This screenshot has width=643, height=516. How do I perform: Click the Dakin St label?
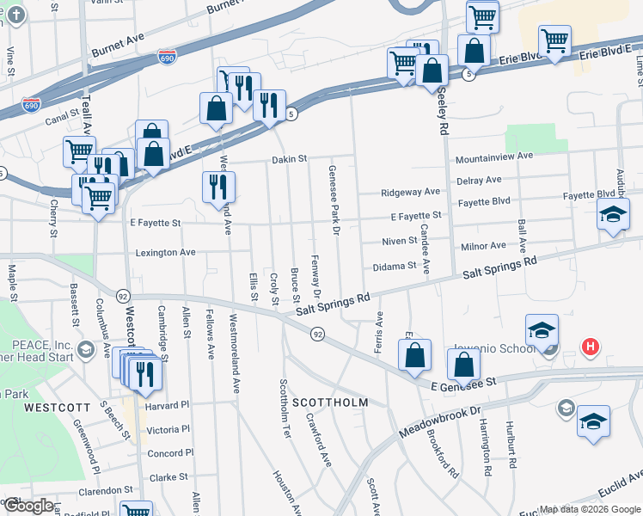[290, 159]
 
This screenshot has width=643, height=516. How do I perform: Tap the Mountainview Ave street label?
[494, 158]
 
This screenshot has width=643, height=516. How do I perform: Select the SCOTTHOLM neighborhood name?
[330, 402]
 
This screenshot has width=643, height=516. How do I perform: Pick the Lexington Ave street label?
[166, 253]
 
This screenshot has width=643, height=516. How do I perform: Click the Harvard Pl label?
[167, 405]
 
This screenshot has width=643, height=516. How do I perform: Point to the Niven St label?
[401, 241]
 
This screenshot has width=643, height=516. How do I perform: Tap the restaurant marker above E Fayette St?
[218, 187]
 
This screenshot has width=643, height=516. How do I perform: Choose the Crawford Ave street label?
[319, 440]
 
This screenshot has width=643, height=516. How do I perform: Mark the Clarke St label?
[169, 477]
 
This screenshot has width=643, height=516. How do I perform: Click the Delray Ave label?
[479, 180]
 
